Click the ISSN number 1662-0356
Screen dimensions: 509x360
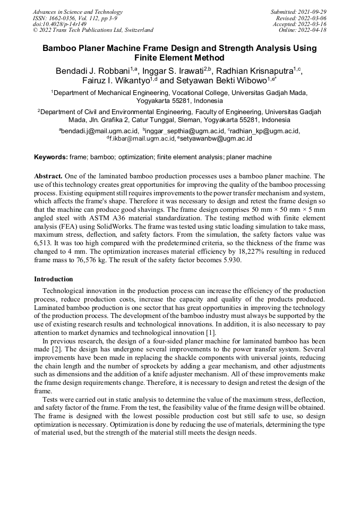(63, 18)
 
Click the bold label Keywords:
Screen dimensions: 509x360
(51, 157)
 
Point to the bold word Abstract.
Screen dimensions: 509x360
(49, 176)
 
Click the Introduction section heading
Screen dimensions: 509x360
(54, 279)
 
